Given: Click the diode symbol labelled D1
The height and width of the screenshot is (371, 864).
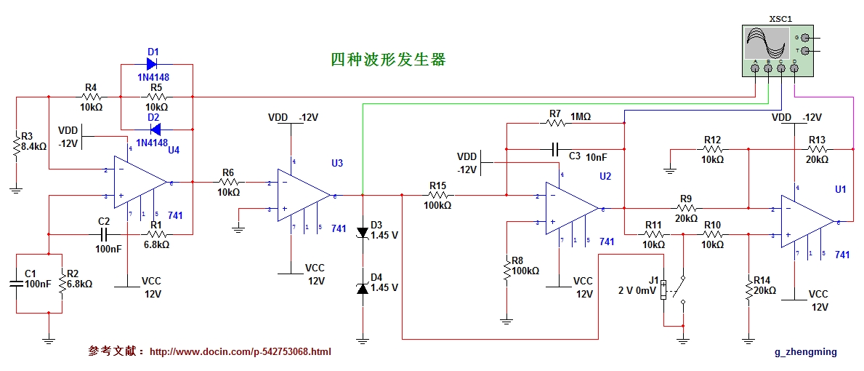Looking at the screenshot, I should click(x=153, y=65).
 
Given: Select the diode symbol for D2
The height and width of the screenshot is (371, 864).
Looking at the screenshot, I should click(x=153, y=129).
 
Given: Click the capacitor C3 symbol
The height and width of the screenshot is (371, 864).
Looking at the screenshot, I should click(x=554, y=150).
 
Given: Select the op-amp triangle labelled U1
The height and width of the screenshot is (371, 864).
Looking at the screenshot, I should click(x=807, y=220).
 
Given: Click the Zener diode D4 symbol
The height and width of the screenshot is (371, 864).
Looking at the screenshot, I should click(x=362, y=289).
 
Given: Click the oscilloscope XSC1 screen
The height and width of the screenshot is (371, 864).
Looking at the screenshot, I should click(x=766, y=42).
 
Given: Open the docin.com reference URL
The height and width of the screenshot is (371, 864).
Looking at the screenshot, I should click(x=241, y=352).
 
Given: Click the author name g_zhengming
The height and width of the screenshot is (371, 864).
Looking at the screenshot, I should click(x=805, y=352).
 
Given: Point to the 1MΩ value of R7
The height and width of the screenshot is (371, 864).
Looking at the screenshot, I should click(x=581, y=116).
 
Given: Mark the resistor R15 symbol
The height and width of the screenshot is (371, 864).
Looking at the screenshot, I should click(x=437, y=195).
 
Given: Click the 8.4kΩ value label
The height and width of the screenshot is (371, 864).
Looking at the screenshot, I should click(x=35, y=146).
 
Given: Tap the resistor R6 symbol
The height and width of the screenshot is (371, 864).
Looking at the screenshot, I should click(x=228, y=182).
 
